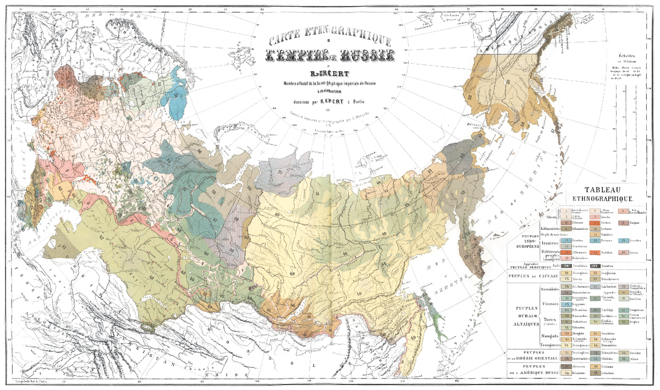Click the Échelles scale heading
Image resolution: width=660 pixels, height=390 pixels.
[x=628, y=55]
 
